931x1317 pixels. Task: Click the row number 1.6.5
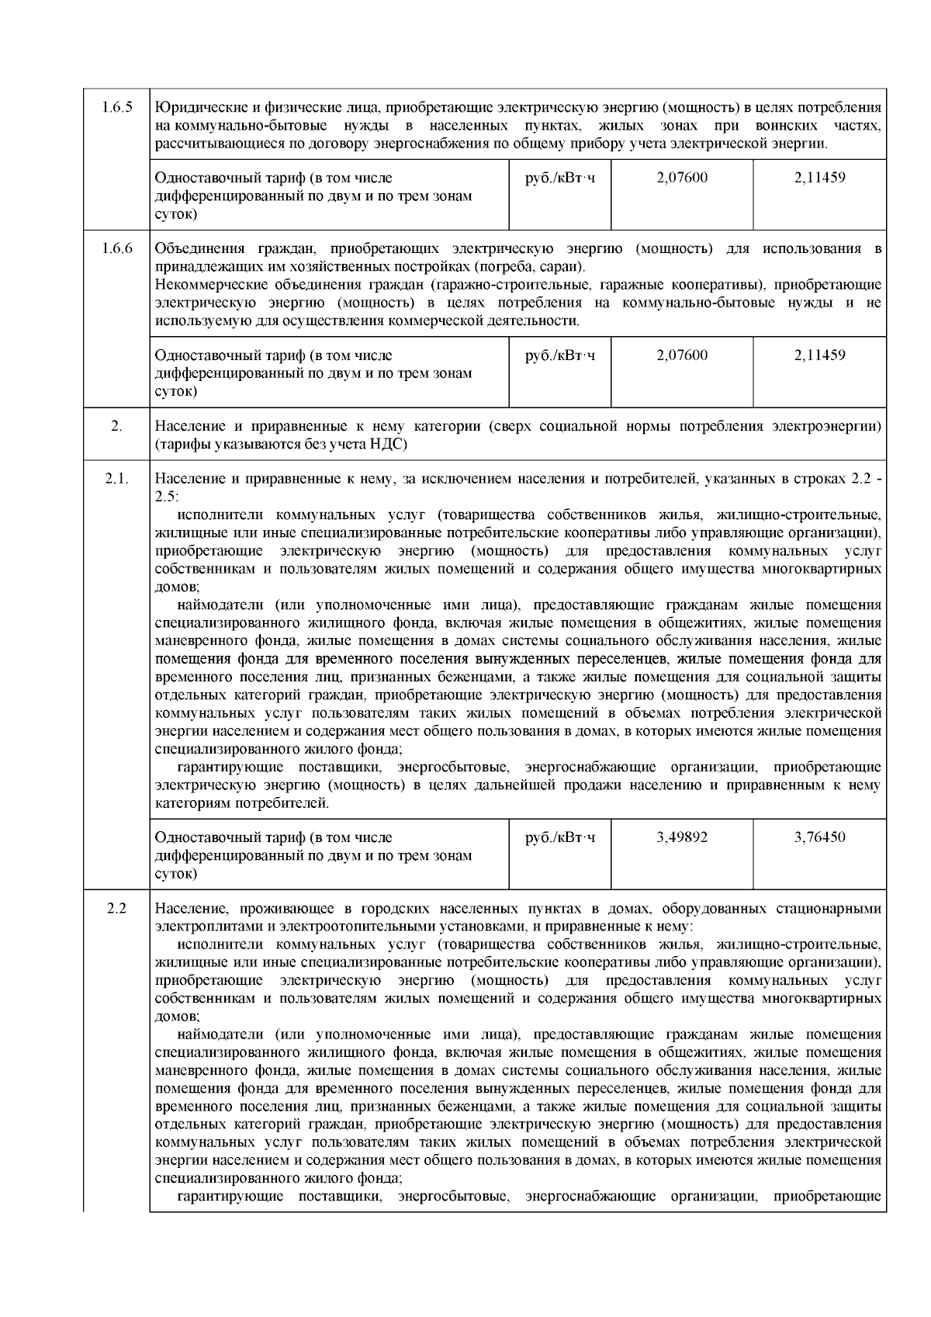(116, 108)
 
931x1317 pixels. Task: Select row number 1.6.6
(116, 249)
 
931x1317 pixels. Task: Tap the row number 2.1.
(116, 480)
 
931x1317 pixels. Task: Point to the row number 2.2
(116, 909)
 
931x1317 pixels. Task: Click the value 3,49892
(681, 838)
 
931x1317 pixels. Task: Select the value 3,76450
(819, 838)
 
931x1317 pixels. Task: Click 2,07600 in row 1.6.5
(681, 178)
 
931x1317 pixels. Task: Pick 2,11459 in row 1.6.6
(819, 356)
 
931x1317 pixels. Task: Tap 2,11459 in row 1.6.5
(819, 178)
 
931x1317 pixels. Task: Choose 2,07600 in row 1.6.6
(681, 356)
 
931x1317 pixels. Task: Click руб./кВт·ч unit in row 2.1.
(560, 838)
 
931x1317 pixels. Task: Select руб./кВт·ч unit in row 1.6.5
(560, 178)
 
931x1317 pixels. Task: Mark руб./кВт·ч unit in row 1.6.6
(560, 356)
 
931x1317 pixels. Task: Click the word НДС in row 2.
(392, 445)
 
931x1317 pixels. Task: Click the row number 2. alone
(116, 427)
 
